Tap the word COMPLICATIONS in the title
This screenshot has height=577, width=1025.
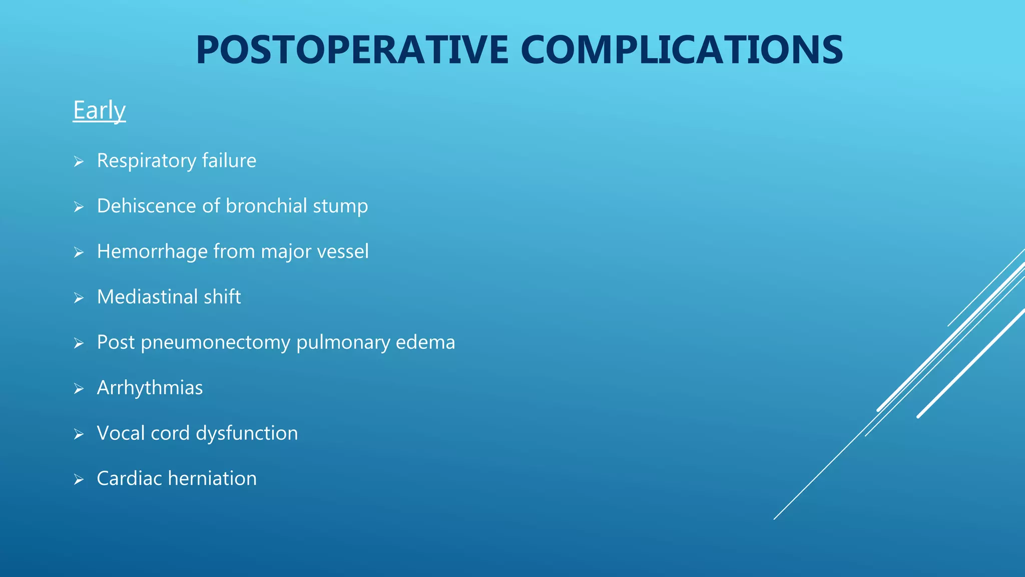click(x=682, y=50)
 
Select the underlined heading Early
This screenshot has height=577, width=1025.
click(x=99, y=110)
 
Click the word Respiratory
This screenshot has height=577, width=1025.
click(x=146, y=161)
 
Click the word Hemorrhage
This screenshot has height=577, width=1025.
click(x=152, y=251)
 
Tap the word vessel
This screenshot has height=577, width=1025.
click(x=343, y=251)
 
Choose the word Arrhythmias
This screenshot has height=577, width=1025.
click(x=150, y=388)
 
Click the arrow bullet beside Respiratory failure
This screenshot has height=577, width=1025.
click(x=79, y=161)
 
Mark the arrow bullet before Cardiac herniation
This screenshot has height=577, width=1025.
click(x=79, y=479)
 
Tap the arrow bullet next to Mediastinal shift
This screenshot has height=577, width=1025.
click(x=79, y=298)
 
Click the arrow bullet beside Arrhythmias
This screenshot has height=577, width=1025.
click(x=79, y=389)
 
